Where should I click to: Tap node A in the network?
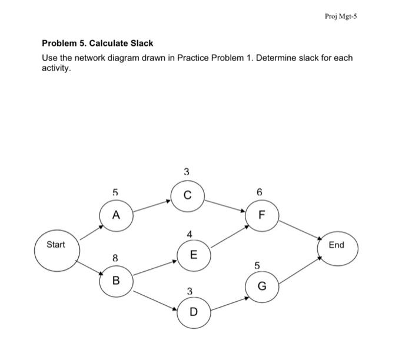115,215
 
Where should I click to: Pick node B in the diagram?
115,281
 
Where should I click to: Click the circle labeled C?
187,196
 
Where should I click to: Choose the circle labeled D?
193,311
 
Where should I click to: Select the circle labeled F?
261,215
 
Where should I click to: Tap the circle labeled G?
262,286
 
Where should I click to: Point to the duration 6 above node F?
260,192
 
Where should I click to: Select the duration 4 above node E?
189,235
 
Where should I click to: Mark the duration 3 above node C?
187,172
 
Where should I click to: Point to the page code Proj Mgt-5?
341,16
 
